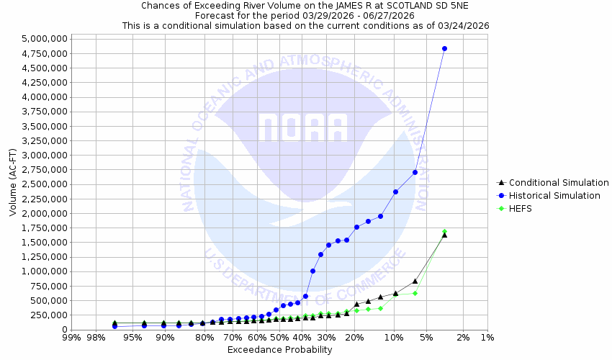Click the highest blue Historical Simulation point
click(x=444, y=49)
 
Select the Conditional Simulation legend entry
click(x=553, y=183)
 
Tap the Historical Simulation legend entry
click(x=553, y=196)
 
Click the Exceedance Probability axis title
click(x=279, y=350)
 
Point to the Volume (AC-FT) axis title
click(x=12, y=183)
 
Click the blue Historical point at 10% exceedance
click(x=395, y=192)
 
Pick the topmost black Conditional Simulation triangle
click(x=444, y=235)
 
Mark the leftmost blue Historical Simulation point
click(x=114, y=326)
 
